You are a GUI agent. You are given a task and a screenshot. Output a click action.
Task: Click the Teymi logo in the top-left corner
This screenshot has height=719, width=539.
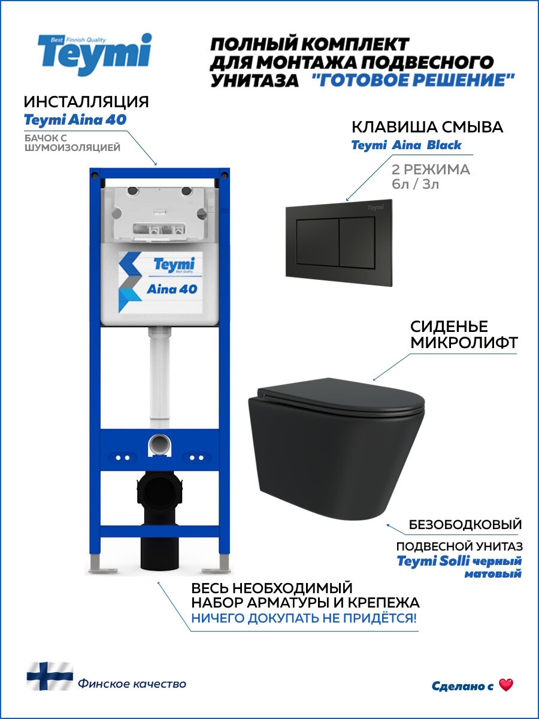tap(94, 55)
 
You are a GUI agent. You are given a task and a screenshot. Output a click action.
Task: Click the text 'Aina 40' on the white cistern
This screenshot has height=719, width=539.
tap(172, 289)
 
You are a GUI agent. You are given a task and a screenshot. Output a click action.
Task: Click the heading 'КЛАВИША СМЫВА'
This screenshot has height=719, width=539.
tap(427, 127)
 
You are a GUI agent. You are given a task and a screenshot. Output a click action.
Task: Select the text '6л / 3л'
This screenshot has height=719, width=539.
tap(416, 185)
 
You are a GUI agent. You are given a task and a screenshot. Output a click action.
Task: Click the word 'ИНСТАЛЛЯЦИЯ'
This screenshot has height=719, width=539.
tap(86, 101)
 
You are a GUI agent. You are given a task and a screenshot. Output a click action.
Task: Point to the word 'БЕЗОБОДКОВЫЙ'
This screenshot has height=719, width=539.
tap(465, 525)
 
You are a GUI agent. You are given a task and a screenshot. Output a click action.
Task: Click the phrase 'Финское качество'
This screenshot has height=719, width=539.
tap(132, 684)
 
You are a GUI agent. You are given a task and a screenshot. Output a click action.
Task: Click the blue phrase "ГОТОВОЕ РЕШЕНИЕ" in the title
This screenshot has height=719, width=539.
tap(414, 80)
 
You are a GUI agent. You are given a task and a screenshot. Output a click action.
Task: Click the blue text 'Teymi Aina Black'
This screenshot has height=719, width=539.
tap(406, 145)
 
